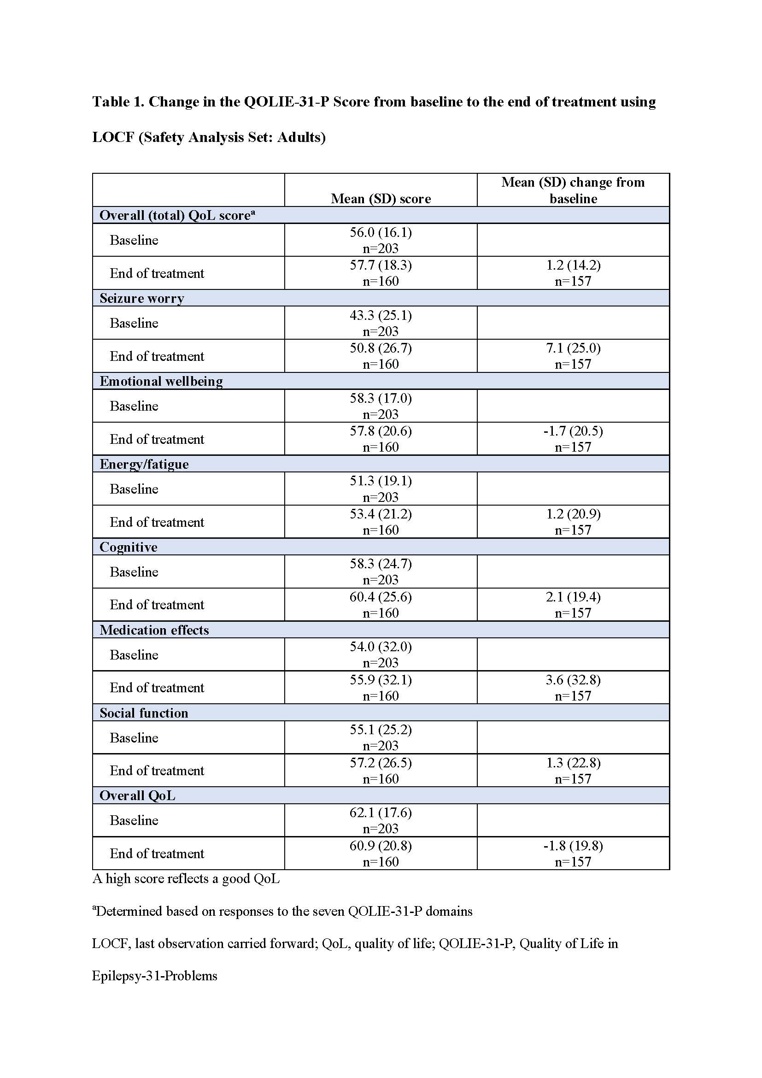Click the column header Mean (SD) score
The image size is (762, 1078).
381,199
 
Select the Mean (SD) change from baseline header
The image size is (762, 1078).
573,190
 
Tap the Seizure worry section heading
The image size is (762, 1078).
142,298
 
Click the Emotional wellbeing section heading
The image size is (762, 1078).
161,381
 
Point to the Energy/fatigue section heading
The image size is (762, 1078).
144,464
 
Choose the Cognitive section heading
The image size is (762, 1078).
128,547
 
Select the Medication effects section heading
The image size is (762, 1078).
154,630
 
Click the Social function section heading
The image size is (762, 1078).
144,713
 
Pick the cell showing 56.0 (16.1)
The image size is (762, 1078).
381,232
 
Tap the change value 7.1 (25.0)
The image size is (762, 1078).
573,348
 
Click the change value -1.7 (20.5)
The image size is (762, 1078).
573,431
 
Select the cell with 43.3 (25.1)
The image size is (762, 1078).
381,315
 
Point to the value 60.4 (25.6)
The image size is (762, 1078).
381,597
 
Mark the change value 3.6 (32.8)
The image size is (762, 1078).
573,680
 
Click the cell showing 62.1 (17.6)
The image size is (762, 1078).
381,812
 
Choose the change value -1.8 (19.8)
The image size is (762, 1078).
573,846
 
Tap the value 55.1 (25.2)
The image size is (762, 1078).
381,730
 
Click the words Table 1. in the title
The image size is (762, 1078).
118,102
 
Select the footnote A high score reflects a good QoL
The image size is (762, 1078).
186,878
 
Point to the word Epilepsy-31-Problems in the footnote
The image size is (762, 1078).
154,976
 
